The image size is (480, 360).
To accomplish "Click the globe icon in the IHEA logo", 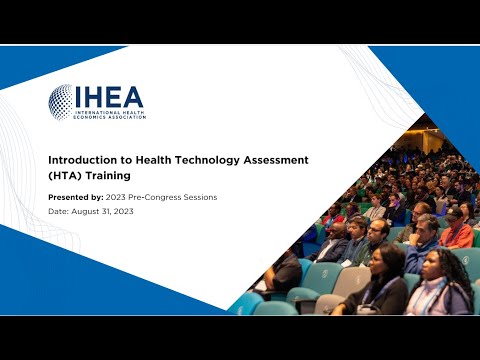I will pyautogui.click(x=62, y=100).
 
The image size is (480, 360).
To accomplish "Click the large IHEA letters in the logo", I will pyautogui.click(x=109, y=97).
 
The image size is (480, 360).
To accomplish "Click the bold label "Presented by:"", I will pyautogui.click(x=75, y=197).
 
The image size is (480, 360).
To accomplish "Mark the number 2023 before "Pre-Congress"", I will pyautogui.click(x=116, y=197).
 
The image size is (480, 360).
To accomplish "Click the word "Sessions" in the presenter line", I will pyautogui.click(x=201, y=197).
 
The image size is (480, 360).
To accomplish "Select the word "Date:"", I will pyautogui.click(x=59, y=211).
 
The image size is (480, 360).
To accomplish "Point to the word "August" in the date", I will pyautogui.click(x=88, y=211).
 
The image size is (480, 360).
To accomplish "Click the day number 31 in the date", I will pyautogui.click(x=111, y=211).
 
